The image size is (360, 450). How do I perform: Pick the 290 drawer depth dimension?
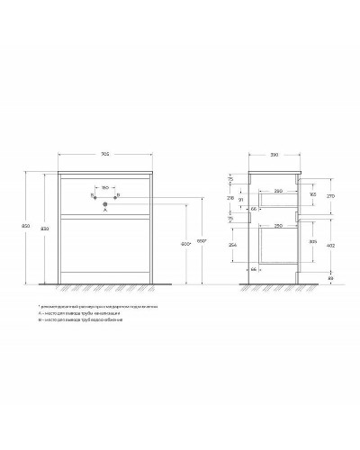pos(280,191)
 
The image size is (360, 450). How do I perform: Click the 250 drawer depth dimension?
pos(280,224)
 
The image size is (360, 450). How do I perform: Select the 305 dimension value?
pos(312,241)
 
